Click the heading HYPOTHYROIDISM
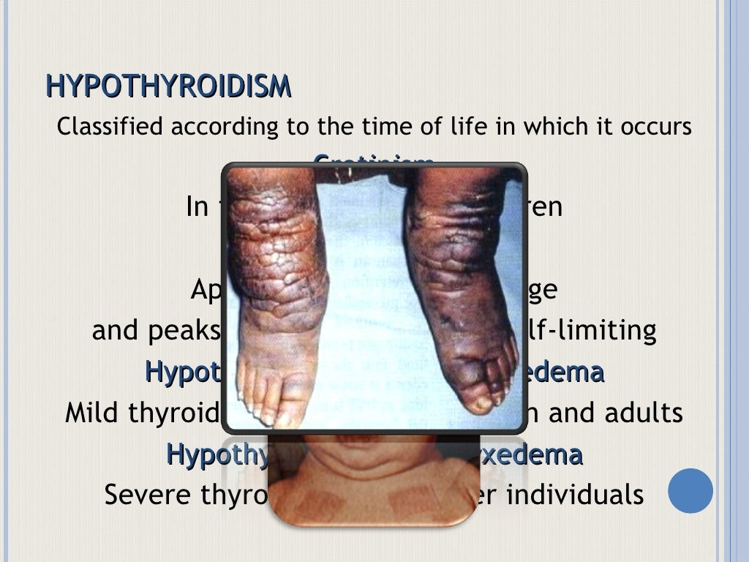coord(168,86)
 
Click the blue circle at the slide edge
coord(690,490)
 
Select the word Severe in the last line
coord(147,495)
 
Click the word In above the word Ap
coord(197,207)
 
